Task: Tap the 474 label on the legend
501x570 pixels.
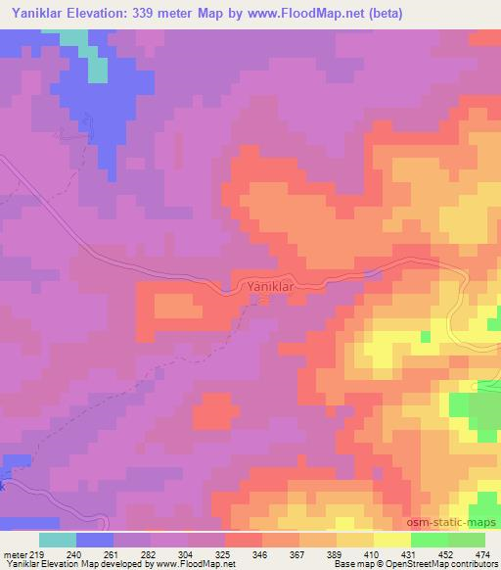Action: (x=483, y=554)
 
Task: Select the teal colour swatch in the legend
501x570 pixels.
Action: (x=58, y=540)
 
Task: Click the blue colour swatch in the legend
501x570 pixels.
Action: (x=95, y=540)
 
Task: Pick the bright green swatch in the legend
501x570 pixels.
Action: (x=429, y=540)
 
